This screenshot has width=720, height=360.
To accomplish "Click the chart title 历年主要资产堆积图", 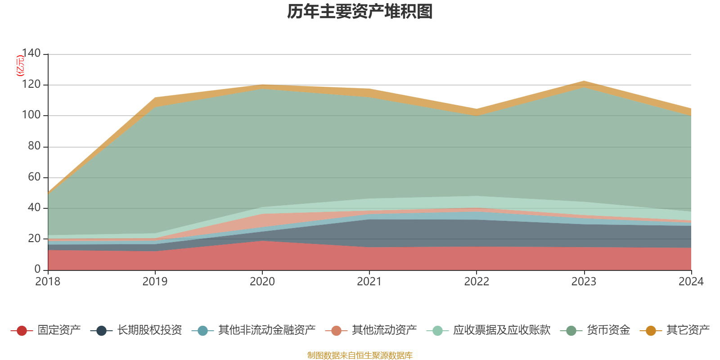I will (360, 12).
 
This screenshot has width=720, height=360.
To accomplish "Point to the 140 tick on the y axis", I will (31, 54).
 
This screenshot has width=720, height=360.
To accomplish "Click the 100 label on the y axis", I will (31, 115).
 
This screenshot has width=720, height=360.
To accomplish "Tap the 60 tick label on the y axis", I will (34, 177).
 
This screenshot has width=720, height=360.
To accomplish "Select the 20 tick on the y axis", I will (34, 238).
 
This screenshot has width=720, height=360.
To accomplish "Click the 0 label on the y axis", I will (37, 269).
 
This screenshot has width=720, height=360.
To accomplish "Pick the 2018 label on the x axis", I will (48, 282).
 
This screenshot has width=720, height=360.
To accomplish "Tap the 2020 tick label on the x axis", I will (262, 282).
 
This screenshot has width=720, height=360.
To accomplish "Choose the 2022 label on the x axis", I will (477, 282).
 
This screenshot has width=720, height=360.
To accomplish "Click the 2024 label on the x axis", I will (691, 282).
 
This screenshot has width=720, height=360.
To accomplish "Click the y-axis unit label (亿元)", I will (20, 66).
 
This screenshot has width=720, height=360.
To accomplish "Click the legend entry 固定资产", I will (58, 330).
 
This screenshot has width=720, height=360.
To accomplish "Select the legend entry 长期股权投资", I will (149, 330).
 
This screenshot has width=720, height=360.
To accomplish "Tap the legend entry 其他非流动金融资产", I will (266, 330).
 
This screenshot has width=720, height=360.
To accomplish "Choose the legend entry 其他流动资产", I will (384, 330).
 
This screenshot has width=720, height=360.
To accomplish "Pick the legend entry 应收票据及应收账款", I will (501, 330).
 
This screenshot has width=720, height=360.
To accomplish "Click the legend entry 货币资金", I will (608, 330).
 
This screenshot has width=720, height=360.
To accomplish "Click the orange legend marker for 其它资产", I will (651, 331).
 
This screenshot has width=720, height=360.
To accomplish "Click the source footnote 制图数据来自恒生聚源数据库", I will (360, 355).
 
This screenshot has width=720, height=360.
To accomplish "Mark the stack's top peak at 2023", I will (584, 81).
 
